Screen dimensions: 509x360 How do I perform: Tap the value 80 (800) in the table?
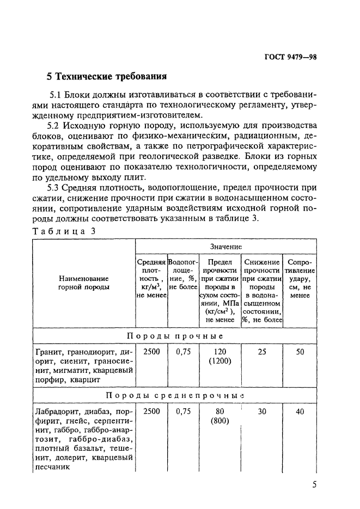tap(219, 416)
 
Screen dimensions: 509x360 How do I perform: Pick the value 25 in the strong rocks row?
tap(261, 352)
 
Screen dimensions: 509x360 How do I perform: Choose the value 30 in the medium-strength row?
tap(261, 412)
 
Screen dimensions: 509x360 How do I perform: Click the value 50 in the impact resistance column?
tap(300, 352)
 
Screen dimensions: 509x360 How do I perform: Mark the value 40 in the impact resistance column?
tap(300, 412)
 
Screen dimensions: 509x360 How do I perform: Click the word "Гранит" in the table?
tap(50, 352)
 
